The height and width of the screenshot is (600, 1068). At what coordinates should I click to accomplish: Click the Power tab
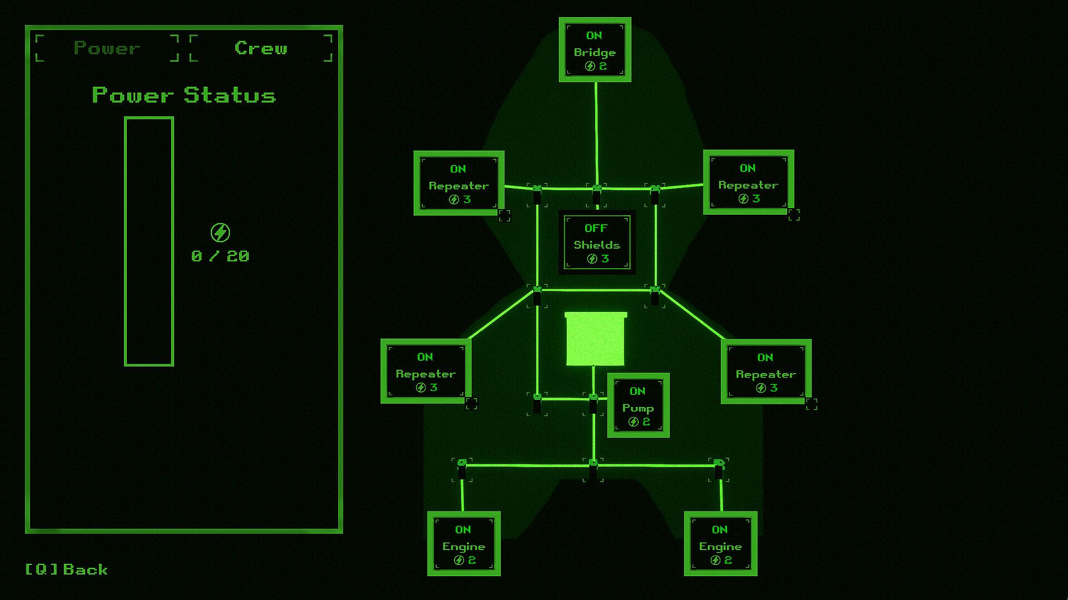point(107,48)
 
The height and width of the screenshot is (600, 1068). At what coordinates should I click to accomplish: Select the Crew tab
point(261,48)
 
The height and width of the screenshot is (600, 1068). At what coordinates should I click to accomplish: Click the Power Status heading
point(184,96)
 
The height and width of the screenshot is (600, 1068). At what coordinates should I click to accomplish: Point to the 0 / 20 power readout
point(220,256)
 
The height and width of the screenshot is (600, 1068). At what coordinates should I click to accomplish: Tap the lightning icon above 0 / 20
point(220,232)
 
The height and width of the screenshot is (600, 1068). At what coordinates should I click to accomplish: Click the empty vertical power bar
point(149,241)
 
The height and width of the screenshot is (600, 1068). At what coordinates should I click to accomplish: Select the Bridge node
point(595,50)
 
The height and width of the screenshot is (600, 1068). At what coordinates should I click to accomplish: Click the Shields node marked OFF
point(597,242)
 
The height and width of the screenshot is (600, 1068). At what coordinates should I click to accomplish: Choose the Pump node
point(638,405)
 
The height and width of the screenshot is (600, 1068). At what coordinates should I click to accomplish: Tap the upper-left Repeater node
point(459,183)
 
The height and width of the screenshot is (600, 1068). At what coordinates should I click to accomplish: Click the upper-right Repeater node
point(748,182)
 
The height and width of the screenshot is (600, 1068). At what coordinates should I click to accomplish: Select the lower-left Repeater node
point(426,371)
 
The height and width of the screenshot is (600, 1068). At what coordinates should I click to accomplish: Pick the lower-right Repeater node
point(766,371)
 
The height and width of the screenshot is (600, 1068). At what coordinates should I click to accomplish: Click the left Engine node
point(464,544)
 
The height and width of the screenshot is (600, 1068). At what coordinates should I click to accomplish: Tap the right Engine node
point(720,544)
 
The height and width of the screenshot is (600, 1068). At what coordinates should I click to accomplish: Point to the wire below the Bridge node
point(596,133)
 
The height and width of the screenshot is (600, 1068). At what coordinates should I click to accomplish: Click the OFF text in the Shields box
point(596,228)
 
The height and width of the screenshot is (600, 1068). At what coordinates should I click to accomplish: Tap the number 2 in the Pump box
point(646,422)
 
